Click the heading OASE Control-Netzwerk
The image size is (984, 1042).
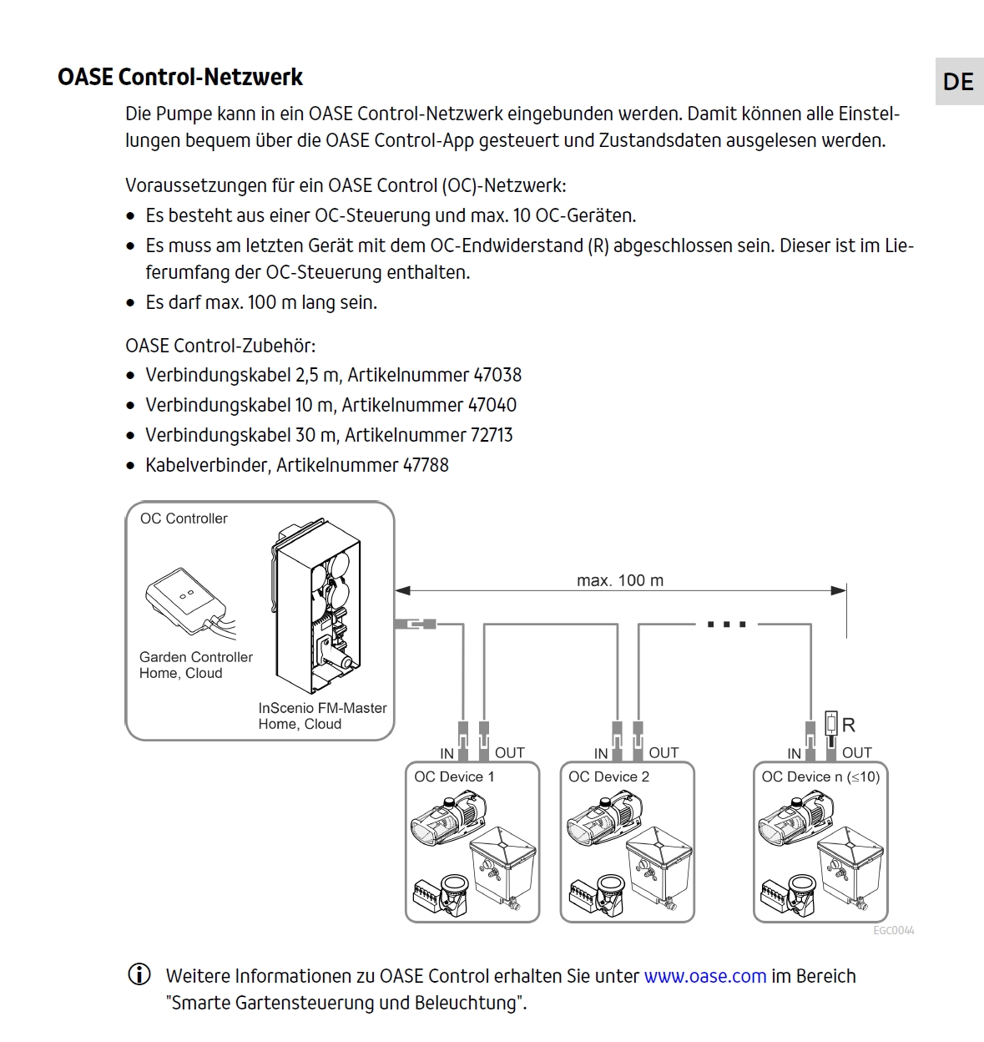(179, 78)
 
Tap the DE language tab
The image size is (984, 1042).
(958, 82)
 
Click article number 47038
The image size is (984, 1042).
(497, 376)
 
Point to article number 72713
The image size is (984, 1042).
(489, 436)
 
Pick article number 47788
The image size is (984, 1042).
(426, 466)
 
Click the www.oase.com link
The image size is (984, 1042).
(704, 976)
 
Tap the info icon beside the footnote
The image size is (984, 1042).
(139, 974)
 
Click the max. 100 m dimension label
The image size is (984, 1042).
(620, 580)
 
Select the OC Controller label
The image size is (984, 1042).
(184, 518)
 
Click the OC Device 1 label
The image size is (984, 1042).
(454, 776)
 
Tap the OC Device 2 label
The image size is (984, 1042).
(608, 776)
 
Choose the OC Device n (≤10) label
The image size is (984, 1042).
(820, 776)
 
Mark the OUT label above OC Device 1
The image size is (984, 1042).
(509, 752)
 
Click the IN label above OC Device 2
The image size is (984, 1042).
(601, 753)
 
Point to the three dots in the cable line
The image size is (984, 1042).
(726, 624)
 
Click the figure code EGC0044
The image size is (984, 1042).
(893, 930)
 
